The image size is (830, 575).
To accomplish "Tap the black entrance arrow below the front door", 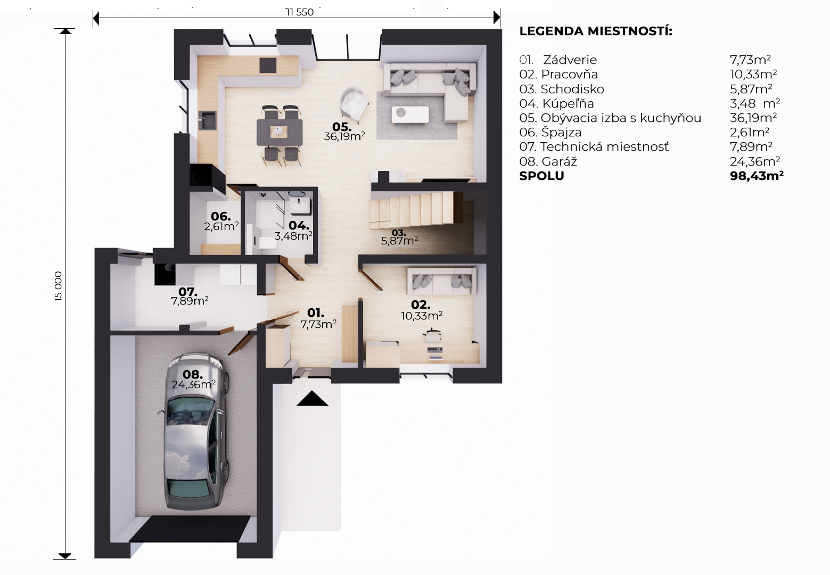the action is [x=312, y=399].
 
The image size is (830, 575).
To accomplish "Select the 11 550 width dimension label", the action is [x=299, y=12].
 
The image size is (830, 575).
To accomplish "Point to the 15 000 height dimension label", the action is [x=58, y=286].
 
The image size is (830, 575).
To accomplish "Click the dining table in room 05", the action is [x=280, y=132].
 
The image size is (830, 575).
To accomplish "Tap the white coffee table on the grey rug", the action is [x=410, y=114].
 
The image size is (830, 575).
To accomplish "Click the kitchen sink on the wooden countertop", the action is [x=207, y=120].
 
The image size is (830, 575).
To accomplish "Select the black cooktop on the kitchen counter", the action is [x=268, y=65].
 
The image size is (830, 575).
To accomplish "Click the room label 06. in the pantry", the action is [x=221, y=216].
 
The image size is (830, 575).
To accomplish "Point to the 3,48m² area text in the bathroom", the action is [x=293, y=236].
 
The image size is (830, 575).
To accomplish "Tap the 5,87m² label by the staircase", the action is [x=399, y=241].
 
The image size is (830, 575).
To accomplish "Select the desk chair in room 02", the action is [x=432, y=335].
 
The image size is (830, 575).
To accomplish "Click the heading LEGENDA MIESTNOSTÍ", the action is [x=596, y=31].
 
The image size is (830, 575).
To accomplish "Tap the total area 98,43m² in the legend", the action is [x=757, y=176].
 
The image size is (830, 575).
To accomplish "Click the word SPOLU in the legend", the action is [x=542, y=176].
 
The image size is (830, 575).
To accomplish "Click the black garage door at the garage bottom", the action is [x=190, y=529].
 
